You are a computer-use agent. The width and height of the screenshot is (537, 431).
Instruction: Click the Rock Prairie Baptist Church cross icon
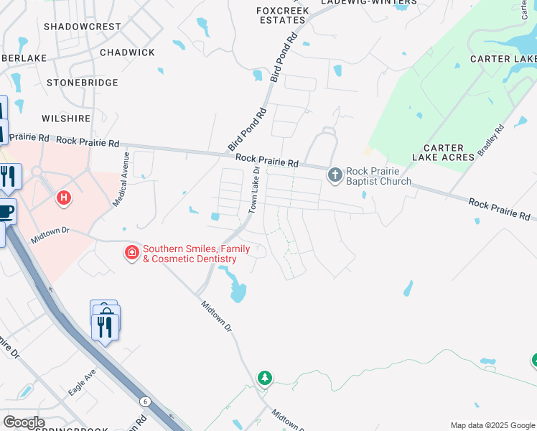click(x=335, y=175)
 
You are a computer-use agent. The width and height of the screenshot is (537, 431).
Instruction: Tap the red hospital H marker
click(x=64, y=196)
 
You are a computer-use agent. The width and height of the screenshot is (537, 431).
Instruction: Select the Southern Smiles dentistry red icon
click(x=131, y=252)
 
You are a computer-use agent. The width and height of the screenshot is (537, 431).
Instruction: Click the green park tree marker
click(x=265, y=377)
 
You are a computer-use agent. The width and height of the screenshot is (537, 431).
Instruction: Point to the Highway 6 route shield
click(x=146, y=401)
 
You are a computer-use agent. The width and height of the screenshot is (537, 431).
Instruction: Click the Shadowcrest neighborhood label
click(x=83, y=27)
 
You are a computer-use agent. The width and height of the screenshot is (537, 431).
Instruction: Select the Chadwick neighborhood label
click(x=127, y=52)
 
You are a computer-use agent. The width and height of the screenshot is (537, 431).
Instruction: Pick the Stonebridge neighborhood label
click(x=82, y=83)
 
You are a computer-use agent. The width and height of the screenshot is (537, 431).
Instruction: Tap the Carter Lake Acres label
click(x=443, y=152)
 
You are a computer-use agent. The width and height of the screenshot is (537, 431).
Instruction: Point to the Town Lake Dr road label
click(x=254, y=190)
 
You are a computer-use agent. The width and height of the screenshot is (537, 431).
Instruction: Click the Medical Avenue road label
click(x=120, y=180)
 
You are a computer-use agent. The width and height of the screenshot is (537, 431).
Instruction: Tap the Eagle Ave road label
click(x=82, y=383)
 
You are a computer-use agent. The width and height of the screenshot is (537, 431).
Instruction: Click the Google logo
click(x=24, y=422)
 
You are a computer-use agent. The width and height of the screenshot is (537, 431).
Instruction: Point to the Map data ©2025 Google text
click(x=492, y=425)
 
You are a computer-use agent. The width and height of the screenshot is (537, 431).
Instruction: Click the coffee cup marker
click(x=5, y=211)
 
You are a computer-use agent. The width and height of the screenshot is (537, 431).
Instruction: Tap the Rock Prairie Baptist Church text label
click(x=379, y=176)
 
